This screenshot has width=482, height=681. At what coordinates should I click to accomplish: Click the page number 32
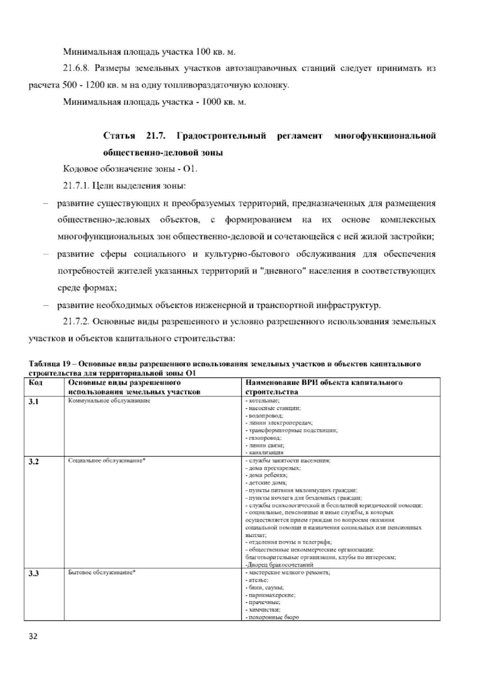[x=33, y=637]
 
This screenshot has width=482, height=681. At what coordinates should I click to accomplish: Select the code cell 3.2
[x=34, y=462]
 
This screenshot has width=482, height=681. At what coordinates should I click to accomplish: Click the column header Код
[x=36, y=383]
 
